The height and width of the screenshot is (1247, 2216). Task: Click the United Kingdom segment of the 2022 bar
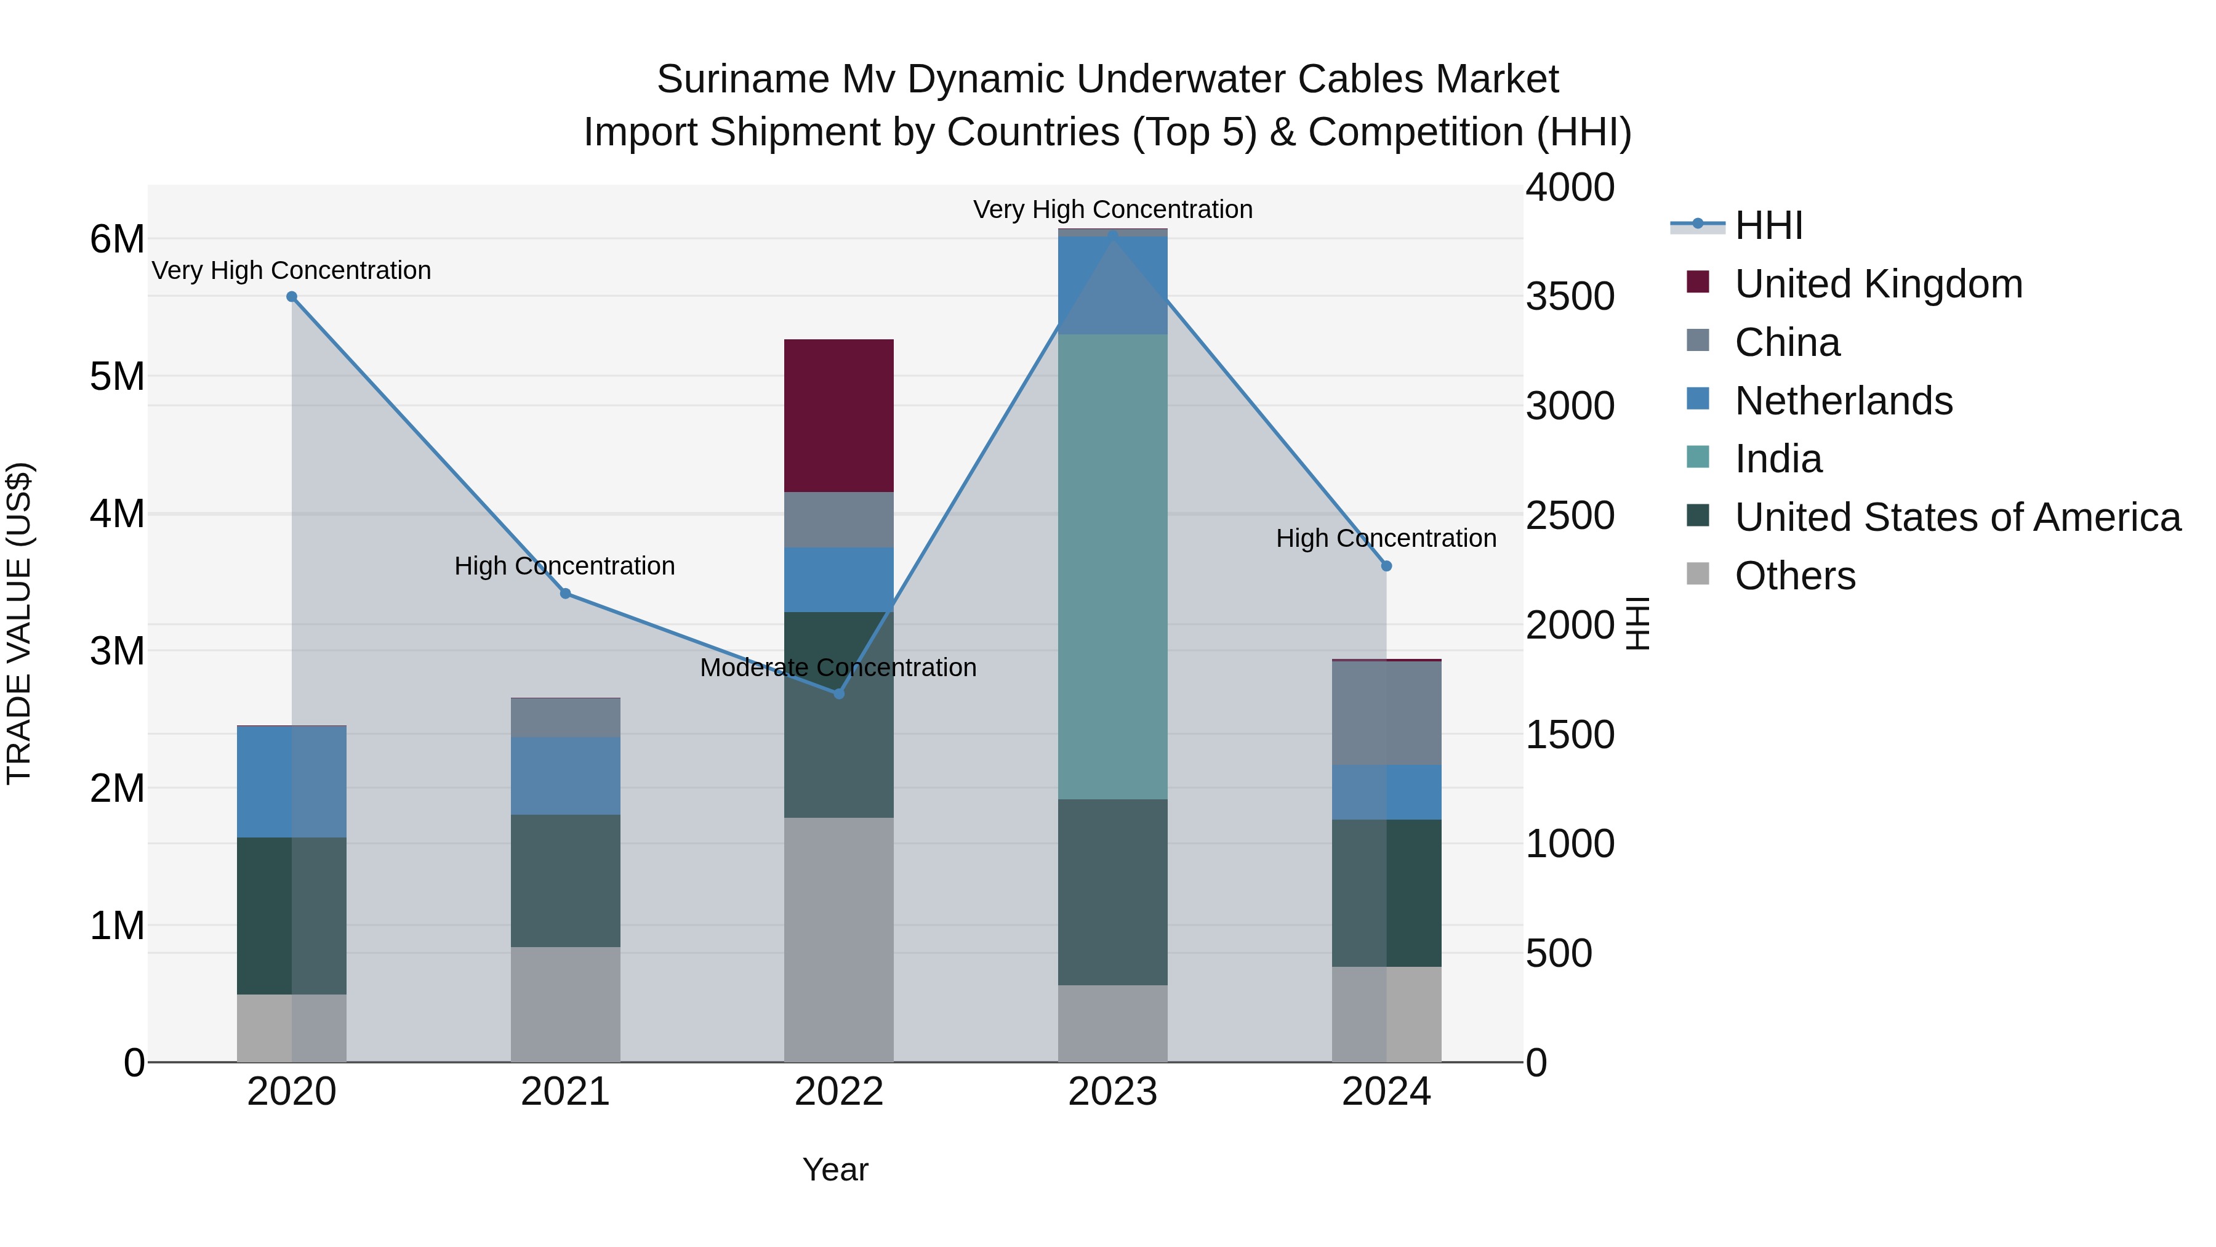(x=839, y=416)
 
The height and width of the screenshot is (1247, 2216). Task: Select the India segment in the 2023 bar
(x=1112, y=567)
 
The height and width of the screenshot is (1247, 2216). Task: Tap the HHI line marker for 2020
(x=292, y=297)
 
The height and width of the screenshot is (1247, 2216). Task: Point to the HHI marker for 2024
(x=1386, y=567)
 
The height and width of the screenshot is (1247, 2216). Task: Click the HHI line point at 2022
(x=840, y=693)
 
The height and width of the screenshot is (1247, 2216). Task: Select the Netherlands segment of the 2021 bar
(x=565, y=775)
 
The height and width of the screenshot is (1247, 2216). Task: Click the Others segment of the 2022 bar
(x=839, y=939)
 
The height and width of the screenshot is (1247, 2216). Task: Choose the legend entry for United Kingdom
(x=1878, y=284)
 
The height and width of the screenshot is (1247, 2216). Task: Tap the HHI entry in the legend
(x=1768, y=225)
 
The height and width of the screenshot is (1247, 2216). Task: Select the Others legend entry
(x=1794, y=576)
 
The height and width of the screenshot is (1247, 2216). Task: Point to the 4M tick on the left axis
(x=117, y=514)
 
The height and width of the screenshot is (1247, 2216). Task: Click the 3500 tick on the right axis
(x=1570, y=296)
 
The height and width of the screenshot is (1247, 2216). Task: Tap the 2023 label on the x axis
(x=1112, y=1092)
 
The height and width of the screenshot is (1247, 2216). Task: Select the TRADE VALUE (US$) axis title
(x=20, y=623)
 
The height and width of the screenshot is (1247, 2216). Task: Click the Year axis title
(x=835, y=1169)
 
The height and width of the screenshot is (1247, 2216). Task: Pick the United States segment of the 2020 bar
(x=292, y=916)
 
